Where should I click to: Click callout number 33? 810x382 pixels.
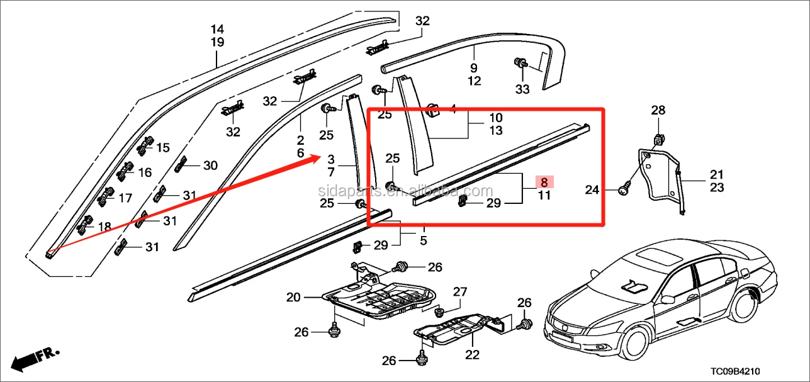click(x=522, y=89)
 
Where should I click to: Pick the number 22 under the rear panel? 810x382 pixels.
click(x=472, y=355)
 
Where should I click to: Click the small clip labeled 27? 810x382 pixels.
click(x=441, y=311)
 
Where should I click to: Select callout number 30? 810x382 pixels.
click(x=210, y=166)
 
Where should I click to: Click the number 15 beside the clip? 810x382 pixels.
click(x=163, y=148)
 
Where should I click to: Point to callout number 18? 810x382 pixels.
click(x=104, y=227)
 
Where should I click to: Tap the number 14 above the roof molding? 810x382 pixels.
click(x=217, y=29)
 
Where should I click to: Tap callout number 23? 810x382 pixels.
click(x=717, y=187)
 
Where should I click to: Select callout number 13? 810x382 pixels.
click(x=496, y=130)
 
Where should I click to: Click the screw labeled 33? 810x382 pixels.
click(x=520, y=63)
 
